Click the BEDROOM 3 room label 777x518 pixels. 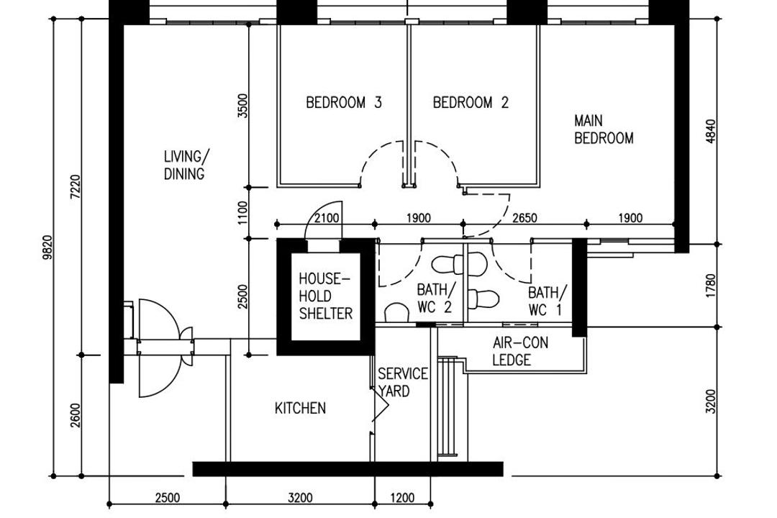click(x=343, y=103)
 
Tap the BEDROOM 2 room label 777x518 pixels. click(x=471, y=103)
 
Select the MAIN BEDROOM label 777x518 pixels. click(x=604, y=129)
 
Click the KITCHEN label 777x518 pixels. click(x=300, y=409)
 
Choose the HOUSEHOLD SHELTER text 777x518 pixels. click(x=326, y=296)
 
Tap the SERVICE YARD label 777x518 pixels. click(x=401, y=383)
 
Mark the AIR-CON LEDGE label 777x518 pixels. click(x=520, y=352)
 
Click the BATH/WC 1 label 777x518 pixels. click(x=547, y=301)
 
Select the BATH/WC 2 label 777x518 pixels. click(x=436, y=299)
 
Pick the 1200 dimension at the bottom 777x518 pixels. click(x=403, y=497)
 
